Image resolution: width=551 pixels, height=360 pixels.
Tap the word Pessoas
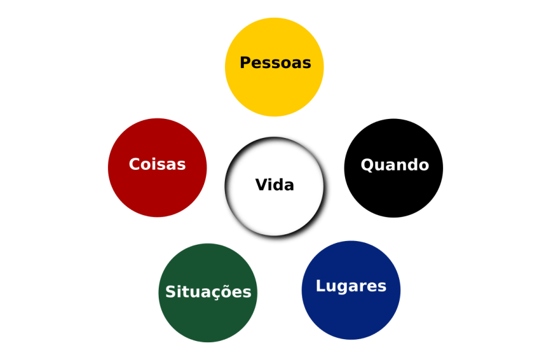click(275, 63)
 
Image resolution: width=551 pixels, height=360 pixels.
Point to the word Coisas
click(157, 164)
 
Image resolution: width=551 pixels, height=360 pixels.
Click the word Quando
click(395, 165)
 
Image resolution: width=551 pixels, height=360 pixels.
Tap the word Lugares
click(351, 286)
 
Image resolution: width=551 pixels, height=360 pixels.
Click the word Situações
click(208, 292)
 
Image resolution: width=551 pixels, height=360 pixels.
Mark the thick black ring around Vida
click(227, 189)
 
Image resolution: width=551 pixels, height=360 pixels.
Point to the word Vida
click(275, 185)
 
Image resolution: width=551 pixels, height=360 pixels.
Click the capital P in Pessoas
click(245, 63)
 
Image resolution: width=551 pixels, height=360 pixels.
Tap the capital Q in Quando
click(367, 165)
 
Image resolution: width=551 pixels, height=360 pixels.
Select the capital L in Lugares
click(320, 286)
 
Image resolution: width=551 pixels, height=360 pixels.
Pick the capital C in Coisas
click(135, 164)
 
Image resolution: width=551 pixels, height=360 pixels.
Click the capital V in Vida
click(260, 185)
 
